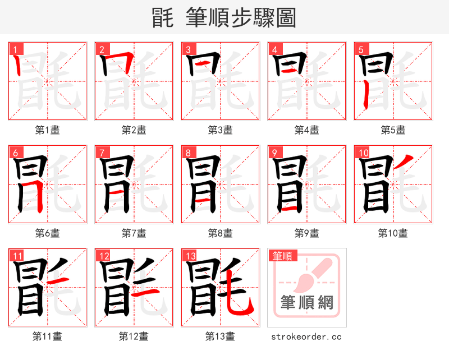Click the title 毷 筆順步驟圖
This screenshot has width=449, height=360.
(x=224, y=18)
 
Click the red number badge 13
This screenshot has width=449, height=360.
(x=190, y=256)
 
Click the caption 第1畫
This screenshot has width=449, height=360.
(x=48, y=130)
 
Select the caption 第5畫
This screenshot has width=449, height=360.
(x=393, y=130)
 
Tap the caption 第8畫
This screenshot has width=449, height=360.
(x=220, y=233)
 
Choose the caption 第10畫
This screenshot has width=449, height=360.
(x=393, y=233)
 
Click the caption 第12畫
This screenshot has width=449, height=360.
(x=134, y=336)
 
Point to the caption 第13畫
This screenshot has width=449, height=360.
(x=220, y=336)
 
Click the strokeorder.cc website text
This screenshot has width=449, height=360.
(x=306, y=337)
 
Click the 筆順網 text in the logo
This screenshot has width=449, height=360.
(x=306, y=303)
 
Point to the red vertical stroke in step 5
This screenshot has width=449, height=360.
(x=365, y=95)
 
